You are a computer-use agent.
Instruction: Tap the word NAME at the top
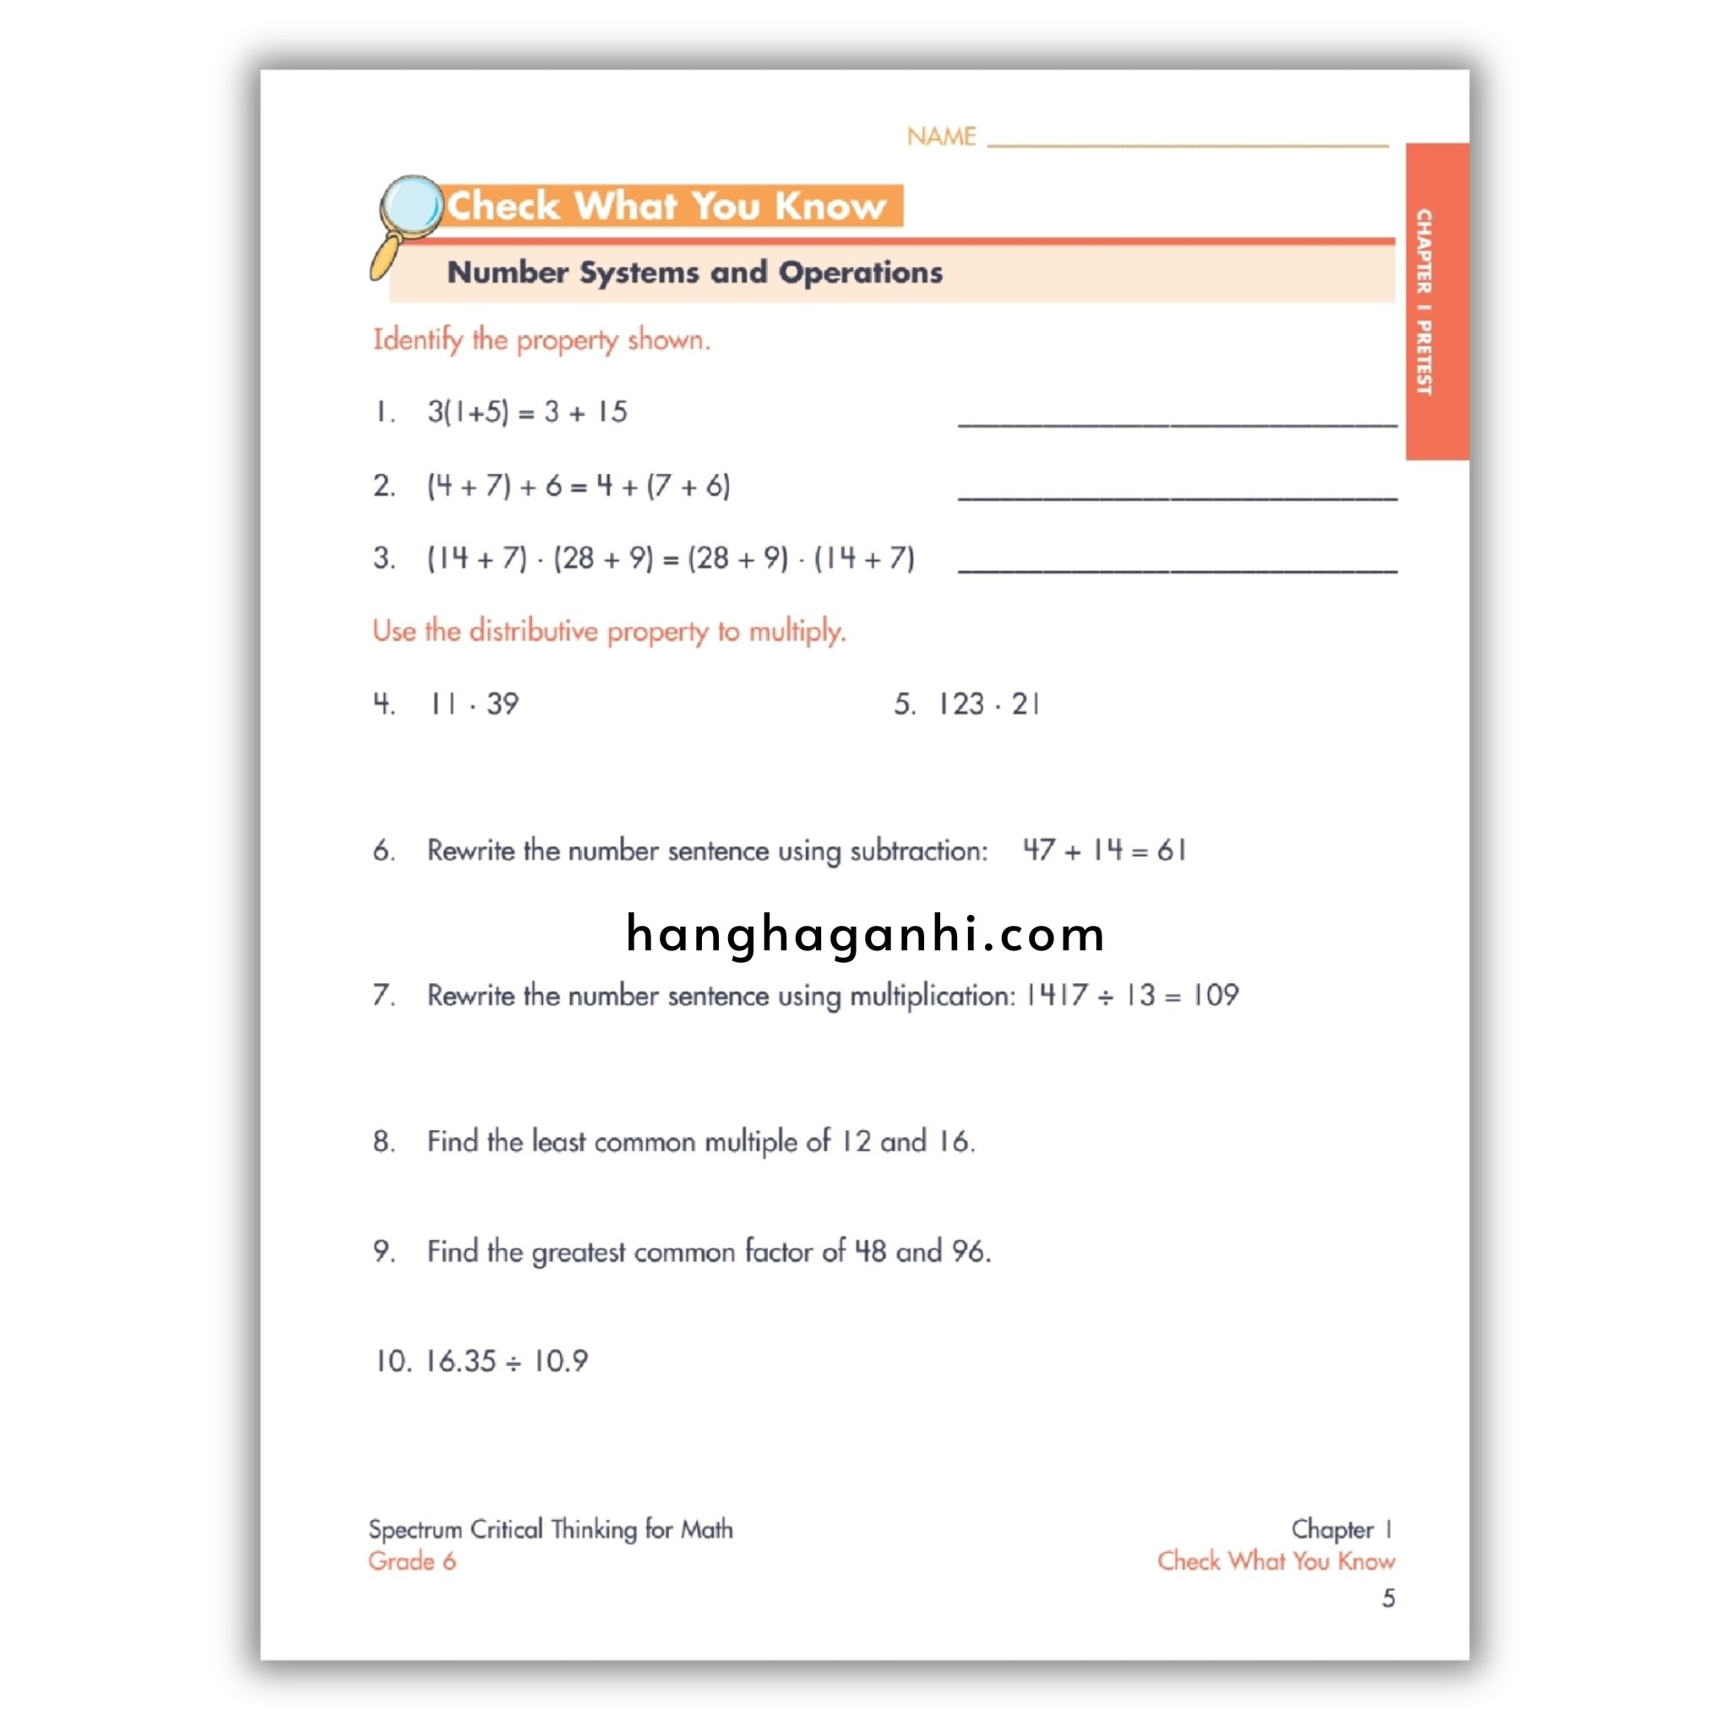click(940, 137)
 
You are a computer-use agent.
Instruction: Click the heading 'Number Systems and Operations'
click(694, 272)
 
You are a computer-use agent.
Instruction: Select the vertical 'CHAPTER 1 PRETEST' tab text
click(1423, 302)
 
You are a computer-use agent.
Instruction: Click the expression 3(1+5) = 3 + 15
click(526, 412)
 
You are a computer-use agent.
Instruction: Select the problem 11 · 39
click(474, 704)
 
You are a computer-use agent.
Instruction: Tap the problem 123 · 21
click(987, 704)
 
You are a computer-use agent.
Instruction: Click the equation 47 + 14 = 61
click(1104, 850)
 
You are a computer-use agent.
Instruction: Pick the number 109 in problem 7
click(1215, 995)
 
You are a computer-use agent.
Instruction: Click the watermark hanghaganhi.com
click(865, 934)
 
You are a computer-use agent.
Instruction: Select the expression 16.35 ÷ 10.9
click(506, 1361)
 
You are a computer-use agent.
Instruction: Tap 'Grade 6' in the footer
click(412, 1561)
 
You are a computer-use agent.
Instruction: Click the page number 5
click(1388, 1598)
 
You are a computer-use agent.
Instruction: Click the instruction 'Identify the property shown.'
click(541, 340)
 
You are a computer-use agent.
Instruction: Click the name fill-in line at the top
click(1188, 144)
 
